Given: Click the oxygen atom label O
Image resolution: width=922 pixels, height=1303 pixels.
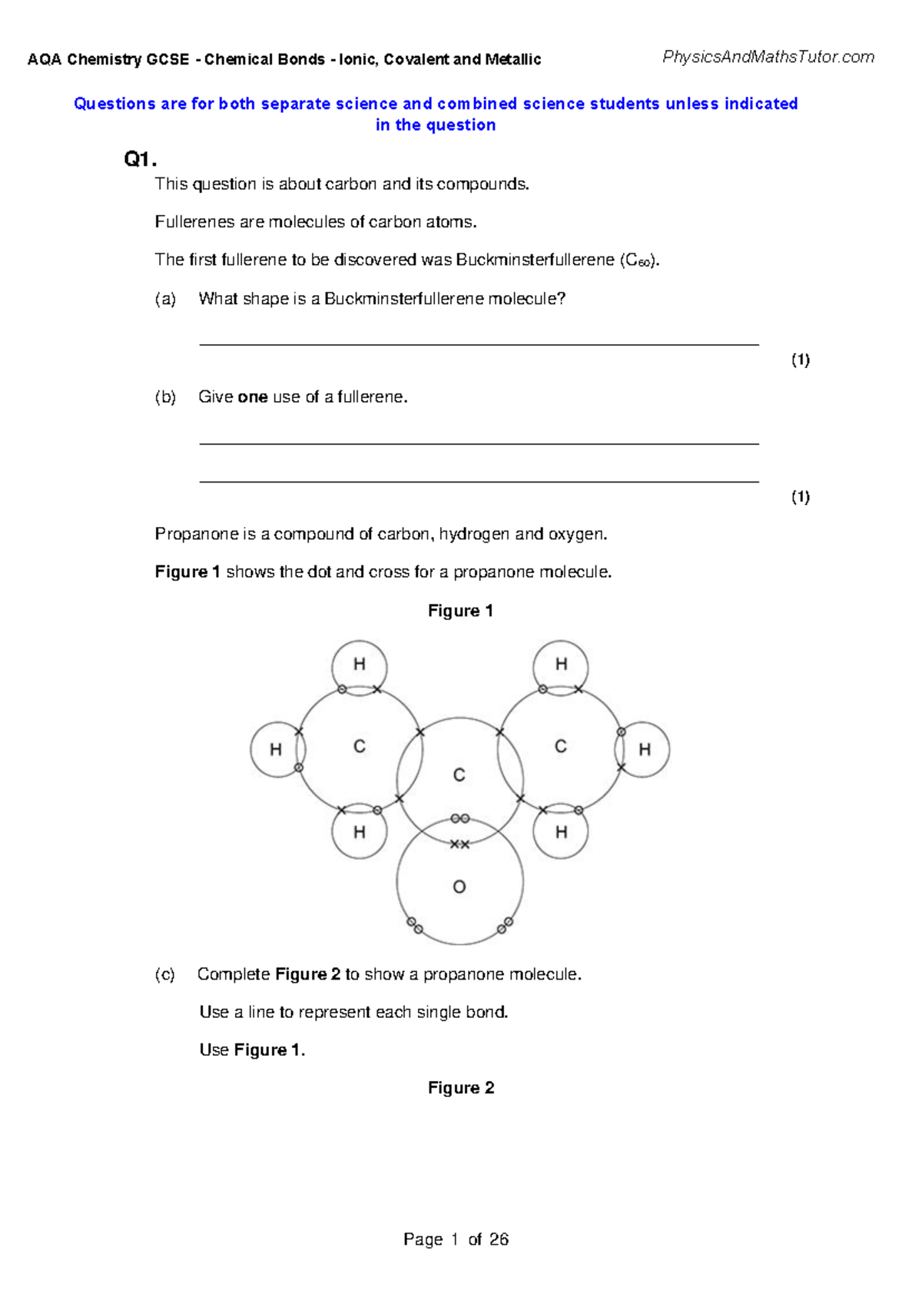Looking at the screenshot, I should pos(459,887).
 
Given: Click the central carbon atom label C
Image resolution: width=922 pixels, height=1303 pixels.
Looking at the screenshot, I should pos(459,775).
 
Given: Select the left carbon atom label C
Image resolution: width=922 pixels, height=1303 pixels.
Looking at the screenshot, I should pos(360,746).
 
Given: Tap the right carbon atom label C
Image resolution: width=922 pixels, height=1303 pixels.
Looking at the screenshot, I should pos(561,746).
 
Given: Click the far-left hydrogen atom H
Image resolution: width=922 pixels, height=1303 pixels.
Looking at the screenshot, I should pos(276,750).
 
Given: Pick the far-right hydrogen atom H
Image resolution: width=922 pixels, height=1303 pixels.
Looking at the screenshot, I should pos(645,750).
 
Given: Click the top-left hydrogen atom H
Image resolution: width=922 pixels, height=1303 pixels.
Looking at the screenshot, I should pos(360,665).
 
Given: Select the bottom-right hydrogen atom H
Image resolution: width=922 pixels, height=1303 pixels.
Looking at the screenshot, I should pos(561,832).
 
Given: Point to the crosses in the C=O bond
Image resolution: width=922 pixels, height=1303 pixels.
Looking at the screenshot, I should pos(459,844).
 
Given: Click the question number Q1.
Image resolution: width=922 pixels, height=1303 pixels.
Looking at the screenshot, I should pos(140,160).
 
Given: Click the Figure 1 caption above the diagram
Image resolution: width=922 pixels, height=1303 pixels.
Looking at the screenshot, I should pos(460,611).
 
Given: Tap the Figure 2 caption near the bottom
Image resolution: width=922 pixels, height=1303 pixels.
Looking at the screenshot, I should pos(461,1088).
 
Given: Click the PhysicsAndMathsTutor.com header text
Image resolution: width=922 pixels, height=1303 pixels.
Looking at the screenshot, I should pos(768,57).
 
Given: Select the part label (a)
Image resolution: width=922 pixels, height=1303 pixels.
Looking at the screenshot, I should pos(165,299).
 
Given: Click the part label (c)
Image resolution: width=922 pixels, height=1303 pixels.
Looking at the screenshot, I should pos(165,974).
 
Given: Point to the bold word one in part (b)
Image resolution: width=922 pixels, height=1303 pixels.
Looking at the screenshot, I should pos(253,397).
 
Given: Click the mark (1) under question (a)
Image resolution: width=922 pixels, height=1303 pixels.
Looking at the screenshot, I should pos(801,360).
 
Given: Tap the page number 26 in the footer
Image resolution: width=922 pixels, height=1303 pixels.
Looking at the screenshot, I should pos(499,1239).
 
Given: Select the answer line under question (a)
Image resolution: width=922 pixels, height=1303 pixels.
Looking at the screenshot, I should pos(479,344).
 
